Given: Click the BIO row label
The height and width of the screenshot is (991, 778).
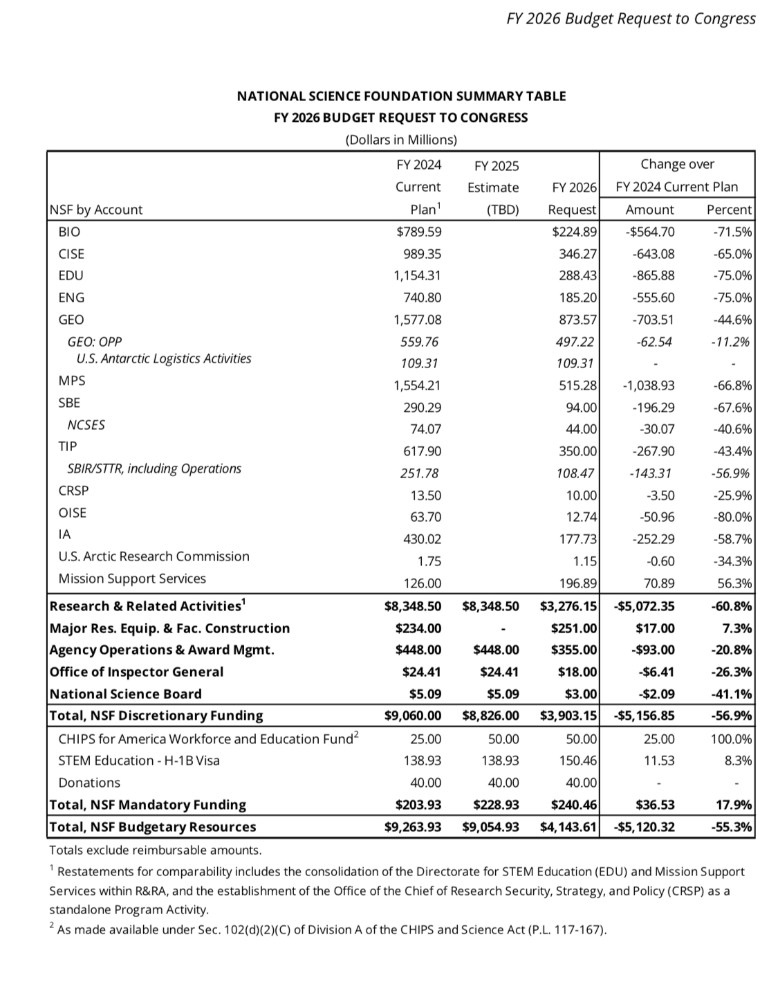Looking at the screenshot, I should pyautogui.click(x=69, y=232).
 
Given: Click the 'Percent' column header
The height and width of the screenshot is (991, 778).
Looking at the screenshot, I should pyautogui.click(x=729, y=210).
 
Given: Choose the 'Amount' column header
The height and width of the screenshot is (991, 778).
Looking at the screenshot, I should pyautogui.click(x=649, y=210).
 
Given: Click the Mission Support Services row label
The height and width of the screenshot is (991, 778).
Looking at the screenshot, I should pyautogui.click(x=132, y=579).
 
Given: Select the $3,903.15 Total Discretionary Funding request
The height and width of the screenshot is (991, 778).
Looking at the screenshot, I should pyautogui.click(x=568, y=716).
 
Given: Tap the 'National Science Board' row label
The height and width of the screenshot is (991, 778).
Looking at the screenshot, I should pyautogui.click(x=125, y=694).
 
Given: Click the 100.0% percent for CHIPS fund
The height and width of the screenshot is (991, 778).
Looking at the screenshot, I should pyautogui.click(x=731, y=739).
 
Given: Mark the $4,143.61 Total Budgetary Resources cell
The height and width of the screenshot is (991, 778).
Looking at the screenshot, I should pyautogui.click(x=568, y=827).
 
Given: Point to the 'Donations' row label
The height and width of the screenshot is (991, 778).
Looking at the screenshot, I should pyautogui.click(x=89, y=783).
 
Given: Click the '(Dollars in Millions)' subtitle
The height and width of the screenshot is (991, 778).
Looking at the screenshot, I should pyautogui.click(x=401, y=140).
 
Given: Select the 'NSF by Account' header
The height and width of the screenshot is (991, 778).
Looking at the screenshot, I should pyautogui.click(x=96, y=210).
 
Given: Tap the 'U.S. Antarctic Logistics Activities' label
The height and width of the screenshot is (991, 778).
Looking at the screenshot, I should pyautogui.click(x=164, y=358).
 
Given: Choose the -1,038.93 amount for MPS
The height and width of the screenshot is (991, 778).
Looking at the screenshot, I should pyautogui.click(x=649, y=385).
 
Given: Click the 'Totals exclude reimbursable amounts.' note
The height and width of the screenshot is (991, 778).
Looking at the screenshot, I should pyautogui.click(x=155, y=850).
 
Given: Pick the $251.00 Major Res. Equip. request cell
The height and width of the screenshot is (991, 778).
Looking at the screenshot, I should pyautogui.click(x=574, y=628).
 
